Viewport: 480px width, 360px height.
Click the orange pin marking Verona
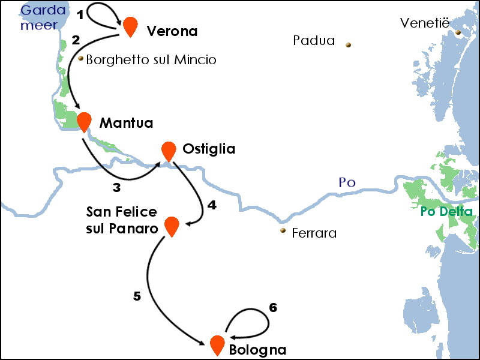click(x=130, y=26)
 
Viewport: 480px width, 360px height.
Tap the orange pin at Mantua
click(x=84, y=121)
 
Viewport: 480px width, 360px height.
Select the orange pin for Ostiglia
click(x=169, y=151)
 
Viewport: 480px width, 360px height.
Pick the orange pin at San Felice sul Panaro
click(x=172, y=225)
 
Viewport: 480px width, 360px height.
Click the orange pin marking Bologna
click(x=217, y=344)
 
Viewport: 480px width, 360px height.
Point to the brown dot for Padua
click(x=348, y=44)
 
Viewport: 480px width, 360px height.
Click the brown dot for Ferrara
click(x=283, y=230)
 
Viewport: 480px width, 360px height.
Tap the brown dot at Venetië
click(x=458, y=32)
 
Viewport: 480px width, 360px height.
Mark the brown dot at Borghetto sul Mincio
click(x=80, y=59)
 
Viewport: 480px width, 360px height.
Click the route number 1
click(x=80, y=13)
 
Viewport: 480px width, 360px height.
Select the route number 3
click(x=116, y=187)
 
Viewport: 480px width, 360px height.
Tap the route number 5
click(x=137, y=296)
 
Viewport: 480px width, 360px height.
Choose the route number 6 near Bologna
click(x=273, y=308)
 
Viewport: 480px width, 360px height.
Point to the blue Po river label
click(x=347, y=183)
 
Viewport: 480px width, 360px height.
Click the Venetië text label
click(x=425, y=23)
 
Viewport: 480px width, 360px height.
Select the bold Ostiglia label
click(x=209, y=149)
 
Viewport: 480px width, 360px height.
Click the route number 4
click(x=211, y=205)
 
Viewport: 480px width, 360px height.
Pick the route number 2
click(x=76, y=40)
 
